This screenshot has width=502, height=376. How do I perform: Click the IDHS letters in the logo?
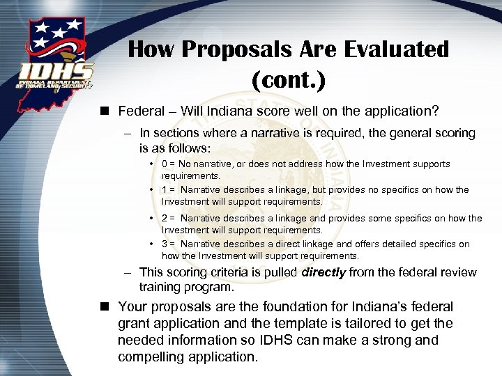(56, 72)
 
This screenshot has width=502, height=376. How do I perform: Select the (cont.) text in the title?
(288, 79)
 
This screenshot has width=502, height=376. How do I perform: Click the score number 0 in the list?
(165, 164)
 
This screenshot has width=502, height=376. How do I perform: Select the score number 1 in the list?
(165, 190)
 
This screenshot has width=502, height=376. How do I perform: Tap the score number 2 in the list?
(165, 219)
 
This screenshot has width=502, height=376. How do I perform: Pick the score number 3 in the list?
(165, 244)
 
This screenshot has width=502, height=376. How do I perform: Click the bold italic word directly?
(323, 272)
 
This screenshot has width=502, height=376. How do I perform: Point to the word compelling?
(150, 357)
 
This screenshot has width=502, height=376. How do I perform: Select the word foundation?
(291, 307)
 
